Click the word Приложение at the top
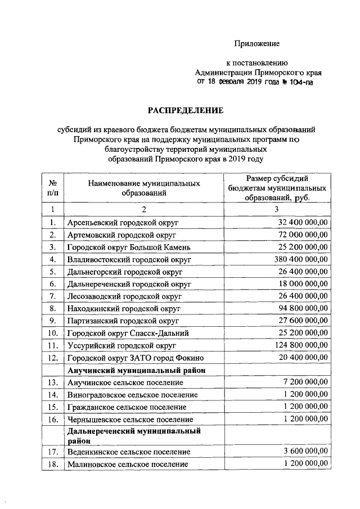pos(257,43)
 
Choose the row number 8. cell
pos(52,308)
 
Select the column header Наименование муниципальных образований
pos(144,188)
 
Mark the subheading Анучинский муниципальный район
pos(136,370)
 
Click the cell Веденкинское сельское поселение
pos(128,452)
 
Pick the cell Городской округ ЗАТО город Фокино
pos(134,358)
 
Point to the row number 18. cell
pos(52,465)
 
